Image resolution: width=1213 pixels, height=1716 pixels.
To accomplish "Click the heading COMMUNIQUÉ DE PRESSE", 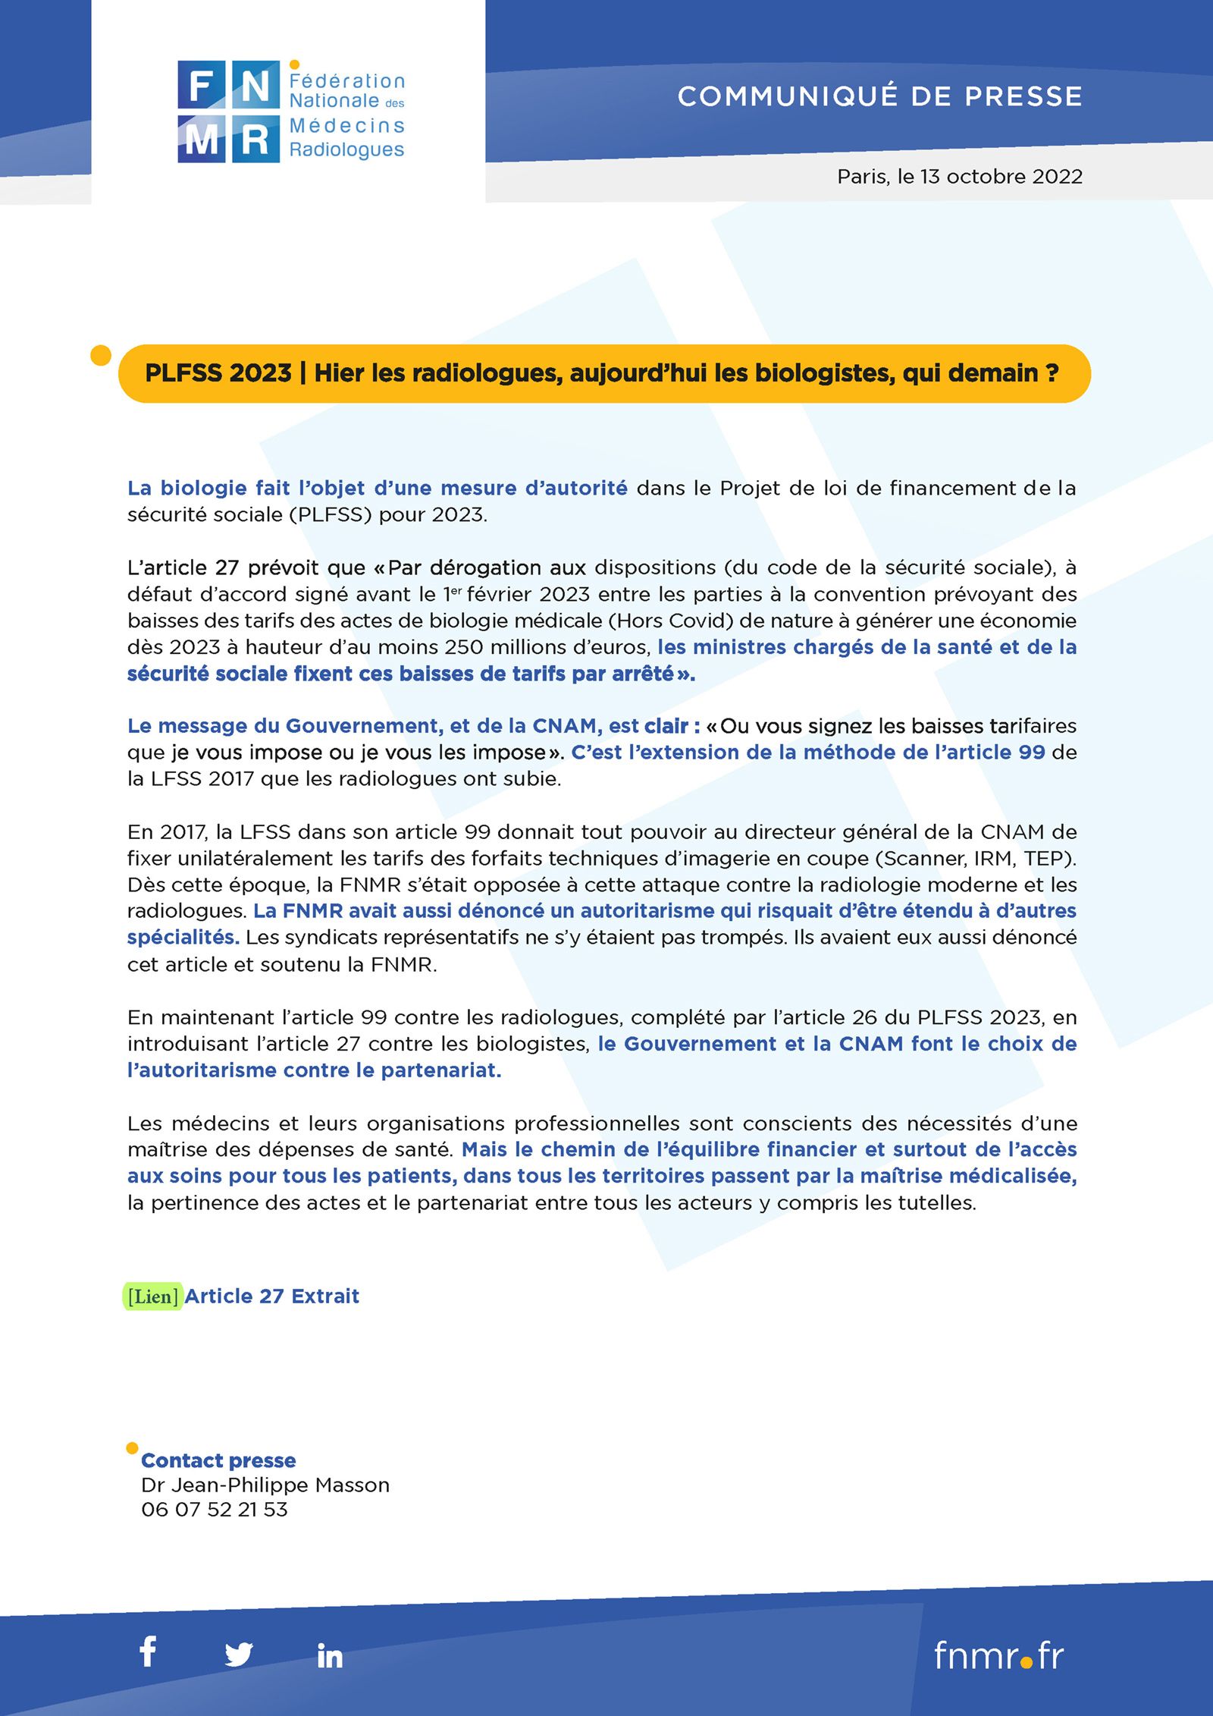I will click(x=879, y=96).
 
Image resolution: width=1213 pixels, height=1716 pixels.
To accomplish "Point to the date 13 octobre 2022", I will click(x=1001, y=177).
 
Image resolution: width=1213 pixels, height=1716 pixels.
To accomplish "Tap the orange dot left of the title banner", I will click(x=101, y=355).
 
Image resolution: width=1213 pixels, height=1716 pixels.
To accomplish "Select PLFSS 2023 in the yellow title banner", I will click(x=218, y=373).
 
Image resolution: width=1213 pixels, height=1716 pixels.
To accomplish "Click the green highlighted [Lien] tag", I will click(x=153, y=1296).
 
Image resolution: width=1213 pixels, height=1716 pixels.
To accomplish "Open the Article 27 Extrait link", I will click(x=271, y=1296).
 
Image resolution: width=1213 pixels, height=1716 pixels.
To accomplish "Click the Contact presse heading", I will click(x=218, y=1460).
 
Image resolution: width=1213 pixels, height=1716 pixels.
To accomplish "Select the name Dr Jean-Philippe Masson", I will click(x=265, y=1485).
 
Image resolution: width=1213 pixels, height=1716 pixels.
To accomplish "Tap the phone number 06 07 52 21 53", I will click(x=215, y=1510).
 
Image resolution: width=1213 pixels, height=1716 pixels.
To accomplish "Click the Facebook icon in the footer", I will click(x=149, y=1652).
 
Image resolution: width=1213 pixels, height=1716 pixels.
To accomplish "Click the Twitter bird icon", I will click(x=239, y=1654).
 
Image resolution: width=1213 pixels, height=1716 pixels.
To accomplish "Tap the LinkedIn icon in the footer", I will click(x=330, y=1655).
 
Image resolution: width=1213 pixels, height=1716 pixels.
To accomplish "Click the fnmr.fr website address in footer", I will click(x=998, y=1655).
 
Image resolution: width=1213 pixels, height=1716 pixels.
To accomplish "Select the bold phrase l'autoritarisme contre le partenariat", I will click(x=315, y=1070).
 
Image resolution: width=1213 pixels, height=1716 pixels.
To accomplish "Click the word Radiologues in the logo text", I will click(x=346, y=150).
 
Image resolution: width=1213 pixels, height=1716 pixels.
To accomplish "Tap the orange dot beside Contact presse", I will click(x=132, y=1448).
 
